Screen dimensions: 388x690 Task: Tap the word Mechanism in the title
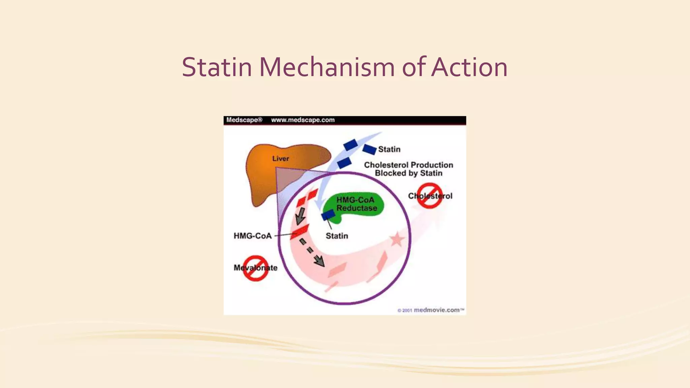[326, 67]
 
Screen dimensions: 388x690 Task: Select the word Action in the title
[469, 67]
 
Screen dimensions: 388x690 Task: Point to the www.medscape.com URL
[303, 120]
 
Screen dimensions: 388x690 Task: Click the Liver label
[280, 159]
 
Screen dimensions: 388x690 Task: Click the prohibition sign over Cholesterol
[430, 196]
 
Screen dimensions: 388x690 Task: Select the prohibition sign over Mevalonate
[256, 268]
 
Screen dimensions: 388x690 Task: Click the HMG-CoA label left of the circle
[252, 236]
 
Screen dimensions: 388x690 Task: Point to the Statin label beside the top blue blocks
[389, 149]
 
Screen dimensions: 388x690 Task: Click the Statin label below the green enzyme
[337, 236]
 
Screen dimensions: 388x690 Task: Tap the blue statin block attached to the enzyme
[328, 215]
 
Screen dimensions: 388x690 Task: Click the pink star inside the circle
[397, 240]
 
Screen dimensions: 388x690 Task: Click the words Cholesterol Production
[408, 165]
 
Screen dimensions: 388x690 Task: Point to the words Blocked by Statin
[408, 173]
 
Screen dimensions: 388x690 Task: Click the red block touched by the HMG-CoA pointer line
[300, 232]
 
